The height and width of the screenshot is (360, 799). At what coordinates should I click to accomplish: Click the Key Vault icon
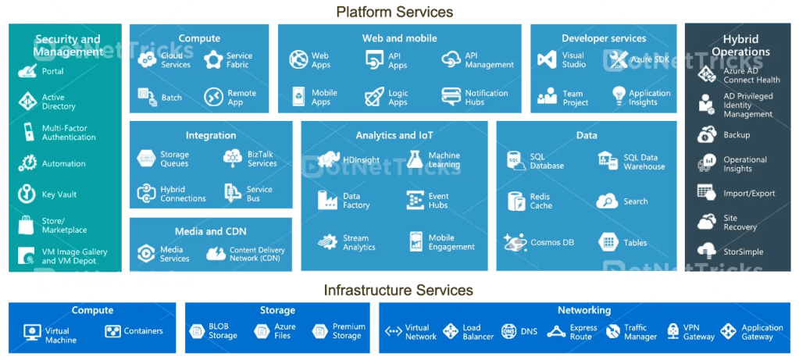point(28,194)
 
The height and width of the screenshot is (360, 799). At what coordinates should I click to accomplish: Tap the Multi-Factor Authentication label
point(69,132)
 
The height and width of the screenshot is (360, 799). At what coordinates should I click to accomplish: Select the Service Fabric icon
point(213,60)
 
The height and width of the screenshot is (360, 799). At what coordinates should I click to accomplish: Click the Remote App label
point(241,98)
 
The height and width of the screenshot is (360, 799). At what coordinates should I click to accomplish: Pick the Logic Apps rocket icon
point(374,98)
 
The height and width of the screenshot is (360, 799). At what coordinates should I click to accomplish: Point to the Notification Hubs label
point(486,98)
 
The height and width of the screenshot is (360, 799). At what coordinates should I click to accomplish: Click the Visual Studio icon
point(547,60)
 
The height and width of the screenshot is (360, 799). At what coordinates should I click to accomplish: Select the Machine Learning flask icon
point(415,159)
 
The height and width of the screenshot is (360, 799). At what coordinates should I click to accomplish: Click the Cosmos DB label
point(552,243)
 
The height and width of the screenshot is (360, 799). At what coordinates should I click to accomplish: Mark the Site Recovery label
point(740,223)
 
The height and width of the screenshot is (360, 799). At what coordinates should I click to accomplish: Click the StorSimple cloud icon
point(707,251)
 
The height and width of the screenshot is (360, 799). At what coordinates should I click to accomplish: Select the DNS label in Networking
point(530,332)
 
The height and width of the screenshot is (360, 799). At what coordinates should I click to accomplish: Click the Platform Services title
point(394,12)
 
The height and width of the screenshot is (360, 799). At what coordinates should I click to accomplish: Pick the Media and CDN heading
point(210,231)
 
